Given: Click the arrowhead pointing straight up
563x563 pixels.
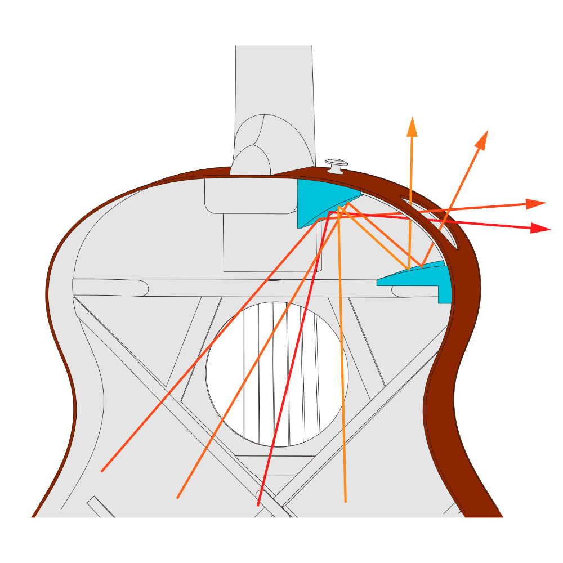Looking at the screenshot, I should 412,126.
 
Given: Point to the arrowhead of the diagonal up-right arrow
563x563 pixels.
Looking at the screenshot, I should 482,139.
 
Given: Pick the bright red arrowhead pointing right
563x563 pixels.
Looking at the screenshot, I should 541,228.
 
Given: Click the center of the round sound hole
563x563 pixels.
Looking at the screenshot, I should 277,374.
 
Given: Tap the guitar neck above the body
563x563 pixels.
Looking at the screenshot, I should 274,79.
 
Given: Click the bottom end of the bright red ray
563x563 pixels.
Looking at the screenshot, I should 258,505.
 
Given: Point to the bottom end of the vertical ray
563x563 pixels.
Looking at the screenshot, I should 345,501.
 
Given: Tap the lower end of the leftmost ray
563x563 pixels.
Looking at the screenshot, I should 102,471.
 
